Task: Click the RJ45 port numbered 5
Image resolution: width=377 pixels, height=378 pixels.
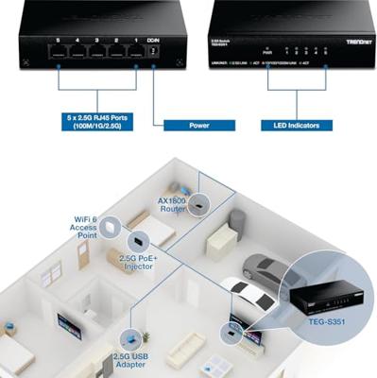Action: coord(59,52)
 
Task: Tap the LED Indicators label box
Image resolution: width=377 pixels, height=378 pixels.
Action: coord(296,125)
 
